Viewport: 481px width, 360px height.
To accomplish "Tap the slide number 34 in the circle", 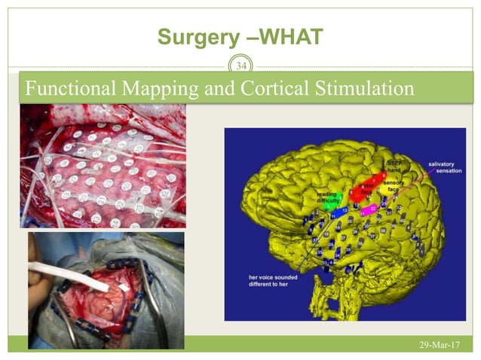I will click(241, 68).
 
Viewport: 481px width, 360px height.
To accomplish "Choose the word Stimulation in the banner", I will click(366, 89).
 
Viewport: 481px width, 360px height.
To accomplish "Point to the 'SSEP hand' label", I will click(395, 166).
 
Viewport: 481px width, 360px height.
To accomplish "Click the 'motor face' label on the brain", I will click(366, 188).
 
